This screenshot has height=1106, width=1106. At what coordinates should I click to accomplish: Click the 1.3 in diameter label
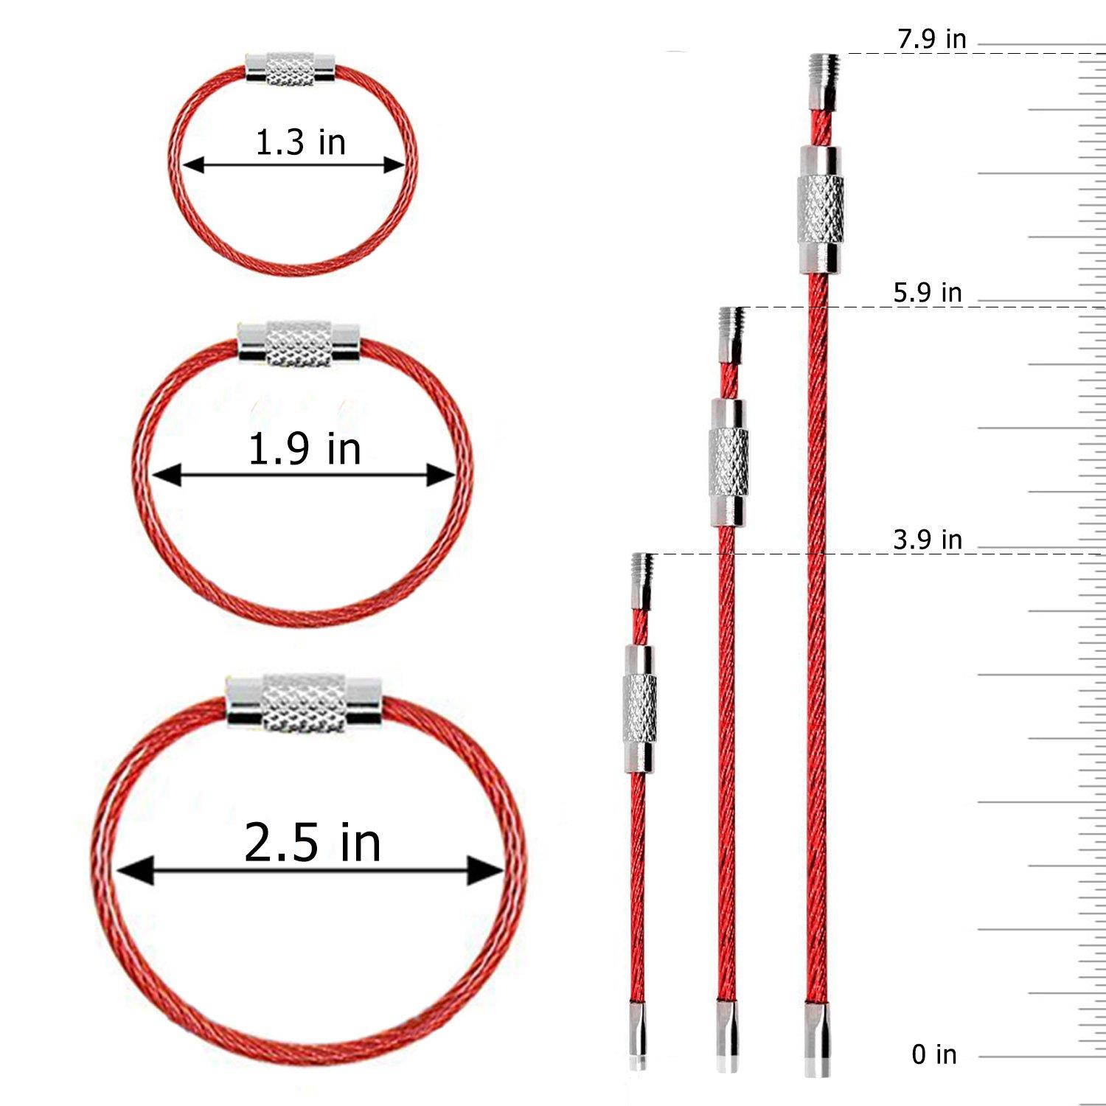(x=300, y=142)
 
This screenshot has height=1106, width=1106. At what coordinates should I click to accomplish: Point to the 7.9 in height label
(x=931, y=39)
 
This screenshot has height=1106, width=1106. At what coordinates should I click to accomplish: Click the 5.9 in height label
(x=928, y=293)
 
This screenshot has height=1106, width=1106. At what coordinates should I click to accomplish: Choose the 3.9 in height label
(x=928, y=540)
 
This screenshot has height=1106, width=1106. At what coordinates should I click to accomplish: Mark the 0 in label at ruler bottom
(x=934, y=1054)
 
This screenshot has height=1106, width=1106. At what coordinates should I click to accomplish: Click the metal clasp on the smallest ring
(x=291, y=68)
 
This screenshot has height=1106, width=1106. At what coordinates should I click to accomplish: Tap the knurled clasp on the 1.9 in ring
(x=299, y=344)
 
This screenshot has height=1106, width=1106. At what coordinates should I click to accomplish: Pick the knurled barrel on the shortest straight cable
(x=639, y=709)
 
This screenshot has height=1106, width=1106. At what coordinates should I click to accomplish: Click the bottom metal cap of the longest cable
(x=818, y=1040)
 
